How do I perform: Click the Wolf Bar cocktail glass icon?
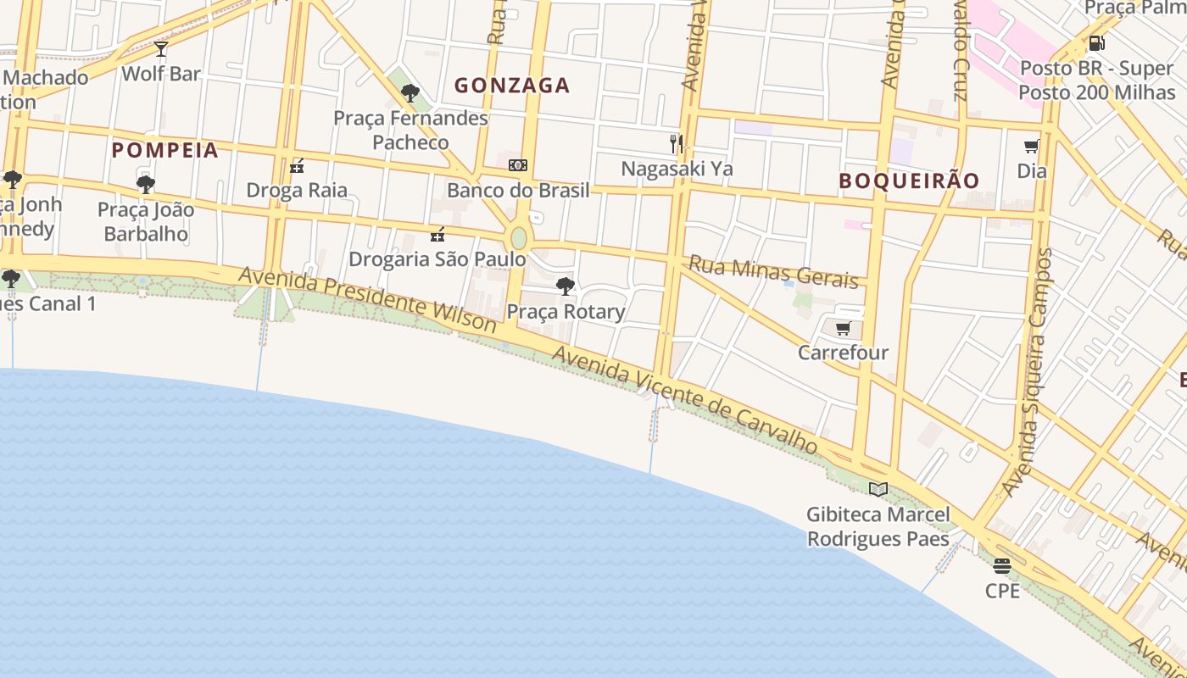click(161, 49)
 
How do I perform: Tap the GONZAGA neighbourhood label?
click(512, 86)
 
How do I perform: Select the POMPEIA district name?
click(165, 151)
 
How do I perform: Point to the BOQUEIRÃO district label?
click(909, 181)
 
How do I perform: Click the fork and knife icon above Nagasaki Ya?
click(676, 144)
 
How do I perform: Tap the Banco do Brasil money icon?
click(518, 165)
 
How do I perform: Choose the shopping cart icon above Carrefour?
click(843, 329)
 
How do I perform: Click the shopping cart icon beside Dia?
click(1032, 147)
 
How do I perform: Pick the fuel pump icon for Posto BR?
click(1096, 43)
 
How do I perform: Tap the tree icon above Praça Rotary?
click(566, 286)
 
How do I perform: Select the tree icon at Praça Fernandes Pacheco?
click(410, 93)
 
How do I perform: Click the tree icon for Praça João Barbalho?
click(146, 184)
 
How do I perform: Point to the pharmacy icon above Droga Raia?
click(297, 166)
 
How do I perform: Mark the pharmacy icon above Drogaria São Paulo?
click(437, 235)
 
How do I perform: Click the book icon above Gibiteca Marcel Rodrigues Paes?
click(878, 489)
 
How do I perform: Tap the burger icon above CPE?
click(1002, 566)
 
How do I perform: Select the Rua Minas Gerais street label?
click(773, 271)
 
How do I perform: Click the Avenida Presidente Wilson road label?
click(367, 299)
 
